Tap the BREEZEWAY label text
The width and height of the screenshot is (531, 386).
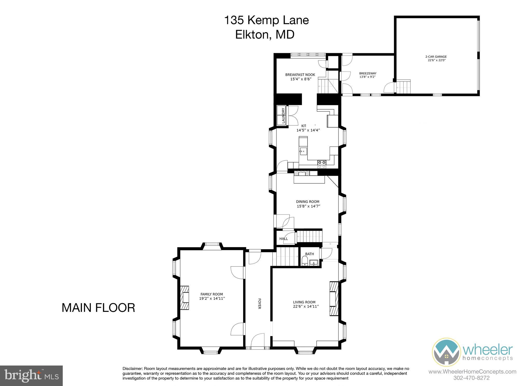[x=368, y=73]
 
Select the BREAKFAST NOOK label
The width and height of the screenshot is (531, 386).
[x=300, y=75]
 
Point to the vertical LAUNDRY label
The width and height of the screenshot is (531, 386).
[x=283, y=116]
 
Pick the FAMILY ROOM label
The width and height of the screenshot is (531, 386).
[x=212, y=294]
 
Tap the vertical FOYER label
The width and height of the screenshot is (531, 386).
[x=259, y=303]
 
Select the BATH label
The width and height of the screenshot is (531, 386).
[x=309, y=254]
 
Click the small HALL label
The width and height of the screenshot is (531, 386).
[x=283, y=239]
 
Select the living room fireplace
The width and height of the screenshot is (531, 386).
[x=334, y=298]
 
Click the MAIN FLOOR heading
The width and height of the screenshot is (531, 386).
[x=98, y=308]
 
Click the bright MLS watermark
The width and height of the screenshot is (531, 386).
[x=31, y=376]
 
